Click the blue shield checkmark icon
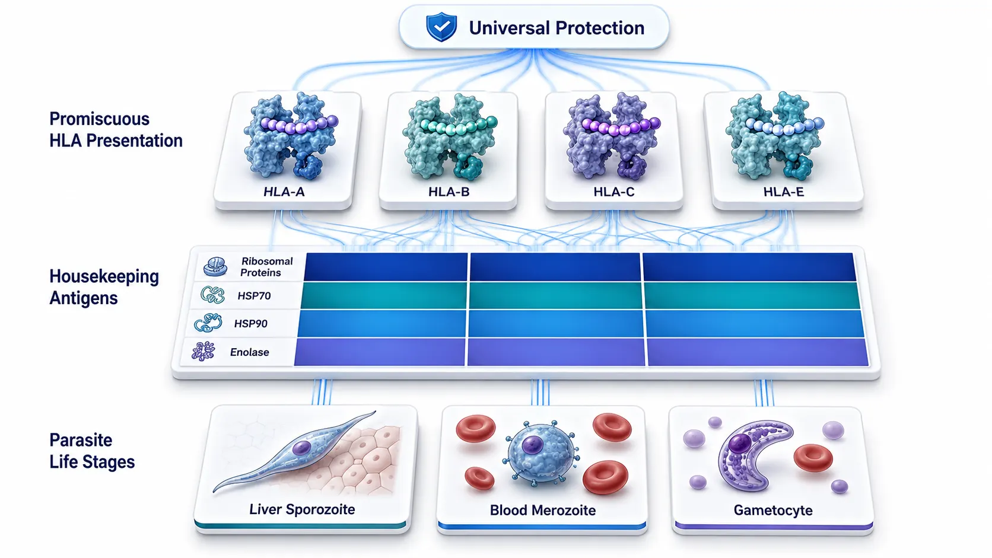pos(441,27)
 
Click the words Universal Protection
pos(557,28)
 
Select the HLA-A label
pos(284,192)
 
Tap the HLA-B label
pos(449,192)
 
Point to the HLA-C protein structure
pos(612,135)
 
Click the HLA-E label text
pos(783,192)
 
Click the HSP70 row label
pos(254,295)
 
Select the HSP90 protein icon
pos(208,323)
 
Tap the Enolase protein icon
pos(204,352)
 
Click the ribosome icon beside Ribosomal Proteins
pos(215,267)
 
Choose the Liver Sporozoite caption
pos(302,509)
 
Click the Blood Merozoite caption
pos(542,510)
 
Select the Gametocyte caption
pos(773,510)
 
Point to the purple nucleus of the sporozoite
pos(301,447)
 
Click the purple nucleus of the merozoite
pos(532,445)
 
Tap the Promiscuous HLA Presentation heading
pos(116,130)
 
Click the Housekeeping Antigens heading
pos(104,287)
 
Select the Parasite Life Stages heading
pos(92,451)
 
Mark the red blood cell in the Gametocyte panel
pos(813,458)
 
